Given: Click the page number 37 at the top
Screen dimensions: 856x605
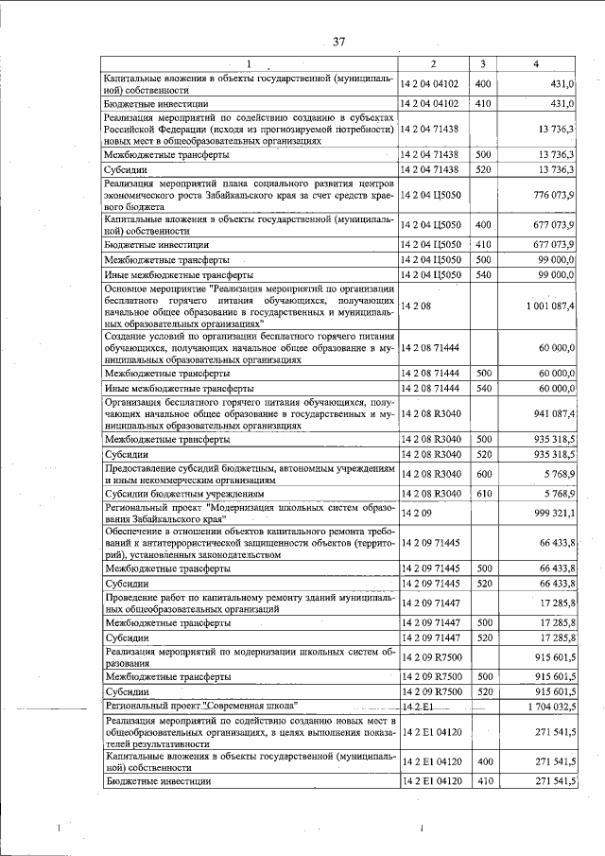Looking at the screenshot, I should coord(339,42).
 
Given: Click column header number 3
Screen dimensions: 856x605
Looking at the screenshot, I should coord(482,64).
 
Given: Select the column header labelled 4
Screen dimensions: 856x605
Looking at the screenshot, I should coord(536,64).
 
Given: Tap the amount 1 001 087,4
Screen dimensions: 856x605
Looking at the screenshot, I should coord(545,307).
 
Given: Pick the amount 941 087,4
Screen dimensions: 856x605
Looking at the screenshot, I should coord(550,413).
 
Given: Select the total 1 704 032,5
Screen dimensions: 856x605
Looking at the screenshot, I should coord(545,706).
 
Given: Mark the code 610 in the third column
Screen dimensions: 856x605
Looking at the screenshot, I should coord(483,493).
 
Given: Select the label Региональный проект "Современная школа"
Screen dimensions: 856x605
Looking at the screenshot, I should coord(202,706).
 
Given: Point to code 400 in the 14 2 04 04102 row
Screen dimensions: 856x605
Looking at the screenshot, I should coord(483,84).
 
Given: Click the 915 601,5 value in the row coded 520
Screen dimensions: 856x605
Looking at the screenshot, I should coord(552,691).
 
